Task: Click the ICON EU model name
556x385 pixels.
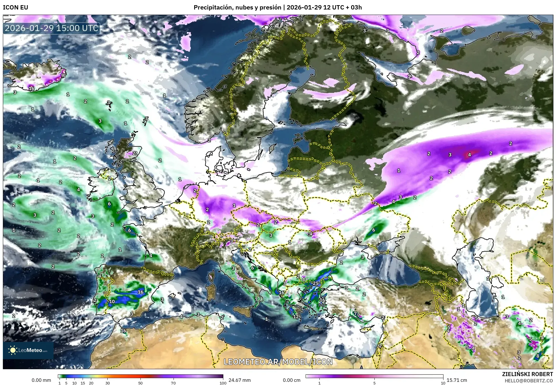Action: tap(16, 7)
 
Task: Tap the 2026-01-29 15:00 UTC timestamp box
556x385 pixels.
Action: tap(52, 28)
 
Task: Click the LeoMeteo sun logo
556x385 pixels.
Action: tap(13, 350)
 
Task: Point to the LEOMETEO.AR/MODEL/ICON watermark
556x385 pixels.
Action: tap(278, 361)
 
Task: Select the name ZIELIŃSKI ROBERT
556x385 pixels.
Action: tap(527, 374)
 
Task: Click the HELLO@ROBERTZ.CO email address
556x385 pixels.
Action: tap(529, 380)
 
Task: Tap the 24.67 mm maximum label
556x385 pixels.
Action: tap(239, 380)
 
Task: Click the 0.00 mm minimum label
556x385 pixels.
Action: tap(41, 380)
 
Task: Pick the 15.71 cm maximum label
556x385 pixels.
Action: tap(456, 380)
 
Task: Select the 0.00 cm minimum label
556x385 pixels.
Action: tap(292, 380)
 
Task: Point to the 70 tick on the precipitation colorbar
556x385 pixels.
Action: tap(173, 383)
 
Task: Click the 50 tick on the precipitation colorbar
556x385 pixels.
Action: tap(140, 383)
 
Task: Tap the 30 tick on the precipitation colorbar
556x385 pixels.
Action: tap(108, 383)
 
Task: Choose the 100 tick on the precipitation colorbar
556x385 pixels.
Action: tap(223, 383)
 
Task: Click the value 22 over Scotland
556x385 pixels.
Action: tap(135, 153)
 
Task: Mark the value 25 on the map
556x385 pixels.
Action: tap(316, 283)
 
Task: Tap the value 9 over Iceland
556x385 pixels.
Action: tap(63, 75)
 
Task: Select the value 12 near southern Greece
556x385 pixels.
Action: tap(296, 317)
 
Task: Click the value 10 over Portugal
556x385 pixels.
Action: tap(112, 301)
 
